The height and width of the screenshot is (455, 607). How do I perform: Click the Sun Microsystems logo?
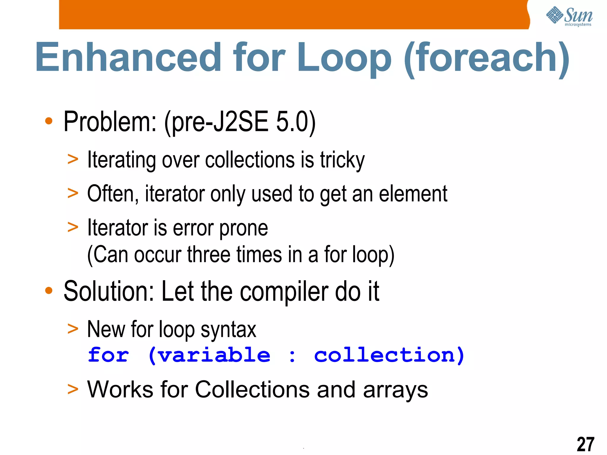point(569,16)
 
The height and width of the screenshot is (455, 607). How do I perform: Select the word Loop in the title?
point(344,58)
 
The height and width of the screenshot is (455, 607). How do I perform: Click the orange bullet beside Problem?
point(49,121)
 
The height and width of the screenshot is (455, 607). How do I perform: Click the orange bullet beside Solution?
point(49,291)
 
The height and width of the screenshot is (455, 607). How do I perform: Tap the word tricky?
point(342,160)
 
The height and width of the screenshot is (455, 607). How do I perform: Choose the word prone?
point(243,228)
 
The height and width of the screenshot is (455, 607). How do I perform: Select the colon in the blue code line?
point(292,356)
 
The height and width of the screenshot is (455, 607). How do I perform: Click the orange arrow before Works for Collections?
point(73,389)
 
